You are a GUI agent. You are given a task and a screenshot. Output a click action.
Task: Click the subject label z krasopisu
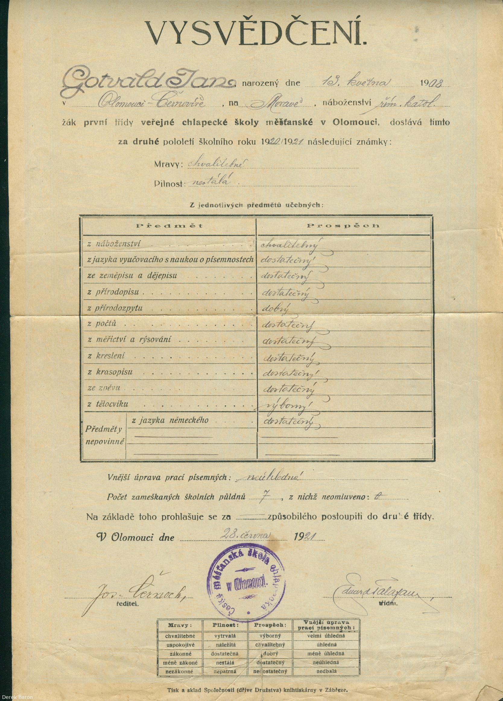point(110,372)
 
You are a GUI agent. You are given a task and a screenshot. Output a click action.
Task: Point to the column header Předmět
point(169,226)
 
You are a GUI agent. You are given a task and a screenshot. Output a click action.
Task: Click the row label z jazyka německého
point(170,420)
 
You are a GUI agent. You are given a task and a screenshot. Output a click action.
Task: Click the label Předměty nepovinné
point(104,435)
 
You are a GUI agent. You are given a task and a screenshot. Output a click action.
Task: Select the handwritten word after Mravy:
point(217,164)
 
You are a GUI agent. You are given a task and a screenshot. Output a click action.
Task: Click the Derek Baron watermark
point(17,697)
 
